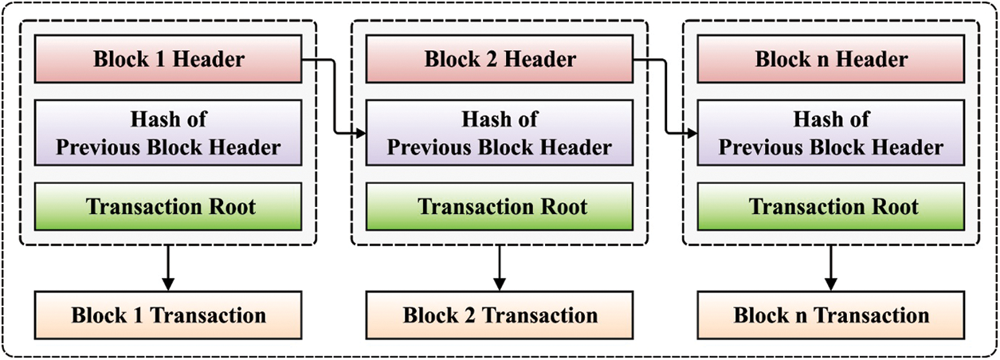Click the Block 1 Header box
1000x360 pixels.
[168, 59]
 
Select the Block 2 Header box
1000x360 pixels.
[500, 59]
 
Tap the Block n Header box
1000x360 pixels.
[831, 59]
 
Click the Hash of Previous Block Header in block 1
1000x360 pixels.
[168, 133]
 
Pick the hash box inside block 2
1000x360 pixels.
[500, 133]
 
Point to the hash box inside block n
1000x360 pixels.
[831, 133]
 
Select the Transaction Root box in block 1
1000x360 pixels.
[168, 207]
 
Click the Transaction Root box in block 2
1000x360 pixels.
[500, 207]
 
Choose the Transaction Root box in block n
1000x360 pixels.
[831, 207]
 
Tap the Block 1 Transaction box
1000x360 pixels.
[168, 315]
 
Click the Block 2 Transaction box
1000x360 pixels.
[500, 315]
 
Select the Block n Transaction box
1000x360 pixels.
[831, 315]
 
